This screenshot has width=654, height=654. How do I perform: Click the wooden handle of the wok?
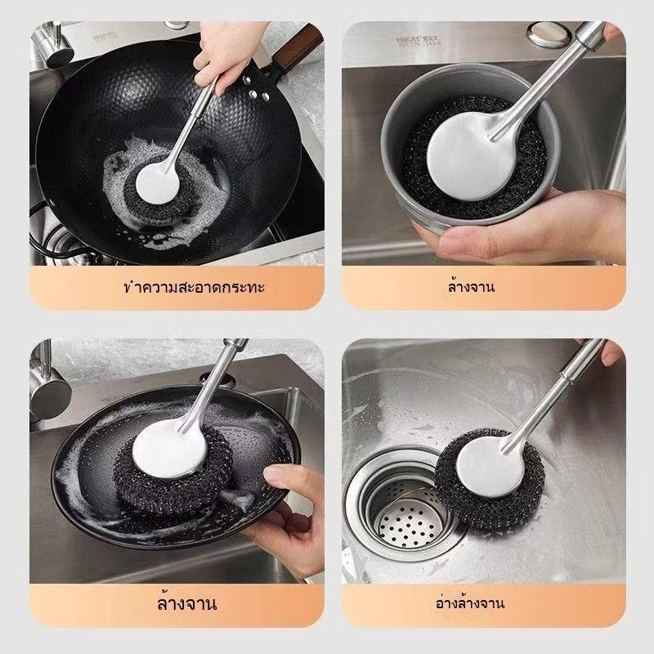[x=298, y=48]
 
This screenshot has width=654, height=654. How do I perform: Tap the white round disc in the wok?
[x=158, y=183]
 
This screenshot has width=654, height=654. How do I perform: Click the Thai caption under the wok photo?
[x=195, y=288]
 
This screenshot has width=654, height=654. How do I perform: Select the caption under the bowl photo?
[x=472, y=287]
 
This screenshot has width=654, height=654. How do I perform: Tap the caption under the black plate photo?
[x=187, y=603]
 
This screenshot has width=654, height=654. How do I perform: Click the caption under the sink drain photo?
[x=470, y=603]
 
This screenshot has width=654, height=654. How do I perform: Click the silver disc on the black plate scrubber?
[x=169, y=449]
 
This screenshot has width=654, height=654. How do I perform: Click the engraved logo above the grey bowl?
[x=419, y=42]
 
